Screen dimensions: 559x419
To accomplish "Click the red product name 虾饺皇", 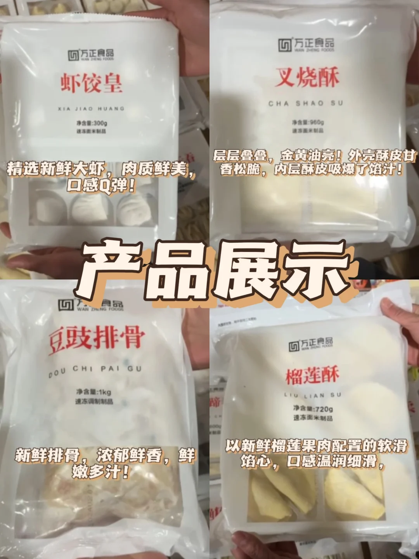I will tap(91, 83).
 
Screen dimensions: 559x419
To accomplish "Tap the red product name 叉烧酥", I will tap(307, 77).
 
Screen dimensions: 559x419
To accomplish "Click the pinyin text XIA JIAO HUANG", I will tap(91, 109).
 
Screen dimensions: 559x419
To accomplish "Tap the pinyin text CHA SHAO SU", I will tap(306, 103).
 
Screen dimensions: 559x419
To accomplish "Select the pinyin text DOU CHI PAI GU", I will tap(95, 371).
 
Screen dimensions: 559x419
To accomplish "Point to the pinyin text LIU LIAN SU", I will tap(312, 396).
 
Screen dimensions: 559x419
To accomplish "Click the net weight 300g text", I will tap(92, 123).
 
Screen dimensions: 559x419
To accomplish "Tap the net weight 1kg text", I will tap(93, 392).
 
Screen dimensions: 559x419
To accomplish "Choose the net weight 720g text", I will tap(313, 409).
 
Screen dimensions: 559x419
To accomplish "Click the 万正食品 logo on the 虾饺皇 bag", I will tap(91, 55).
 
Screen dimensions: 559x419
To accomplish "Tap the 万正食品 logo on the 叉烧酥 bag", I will tap(306, 45).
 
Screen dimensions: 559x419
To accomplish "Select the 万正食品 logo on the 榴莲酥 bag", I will tap(310, 344).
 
